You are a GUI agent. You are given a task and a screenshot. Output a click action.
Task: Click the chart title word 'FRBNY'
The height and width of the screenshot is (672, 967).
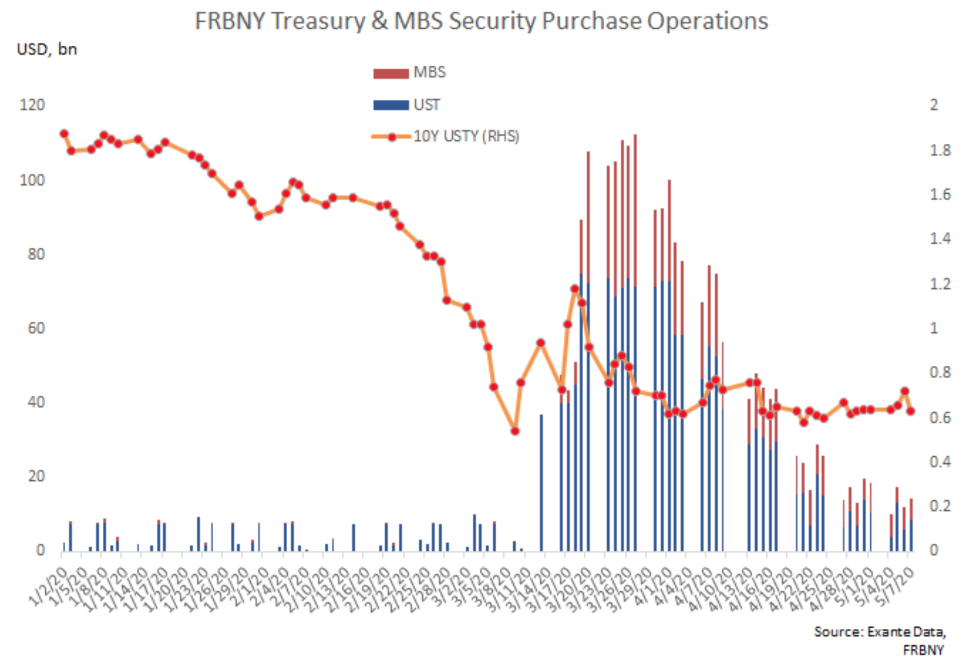tap(230, 22)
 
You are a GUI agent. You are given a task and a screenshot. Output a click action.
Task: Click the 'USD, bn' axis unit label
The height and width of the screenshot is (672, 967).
tap(47, 50)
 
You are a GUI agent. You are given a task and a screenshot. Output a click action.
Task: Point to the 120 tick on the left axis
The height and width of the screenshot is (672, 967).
tap(32, 105)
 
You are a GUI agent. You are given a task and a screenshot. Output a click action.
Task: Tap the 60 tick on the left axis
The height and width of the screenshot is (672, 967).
tap(36, 328)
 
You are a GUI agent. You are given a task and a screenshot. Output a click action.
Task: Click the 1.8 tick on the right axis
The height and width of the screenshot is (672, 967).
tap(940, 150)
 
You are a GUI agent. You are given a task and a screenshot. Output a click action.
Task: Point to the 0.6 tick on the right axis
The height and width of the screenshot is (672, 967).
tap(940, 417)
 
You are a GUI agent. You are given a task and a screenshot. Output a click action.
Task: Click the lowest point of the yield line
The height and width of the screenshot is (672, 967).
tap(515, 431)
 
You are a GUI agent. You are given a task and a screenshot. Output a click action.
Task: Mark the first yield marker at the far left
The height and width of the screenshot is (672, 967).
tap(64, 134)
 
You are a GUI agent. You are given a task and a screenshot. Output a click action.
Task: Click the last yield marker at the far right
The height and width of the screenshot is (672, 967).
tap(910, 411)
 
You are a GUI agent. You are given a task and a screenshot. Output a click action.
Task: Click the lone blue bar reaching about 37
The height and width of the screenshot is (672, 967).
tap(541, 483)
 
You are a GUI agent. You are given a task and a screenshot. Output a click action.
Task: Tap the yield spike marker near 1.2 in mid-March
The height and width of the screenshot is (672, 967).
tap(574, 289)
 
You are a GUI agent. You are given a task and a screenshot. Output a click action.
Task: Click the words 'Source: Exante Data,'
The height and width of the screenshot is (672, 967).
tap(879, 631)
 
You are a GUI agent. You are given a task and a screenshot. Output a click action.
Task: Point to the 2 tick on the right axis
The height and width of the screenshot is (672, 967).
tap(934, 105)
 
